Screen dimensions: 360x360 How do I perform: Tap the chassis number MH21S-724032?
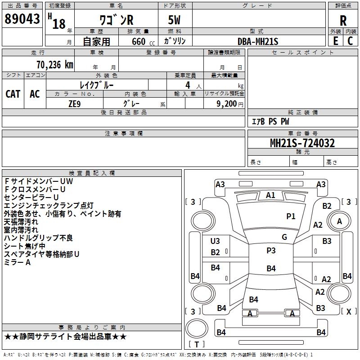[302, 143]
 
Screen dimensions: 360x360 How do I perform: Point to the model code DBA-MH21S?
[258, 41]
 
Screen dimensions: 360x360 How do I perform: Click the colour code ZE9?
[74, 103]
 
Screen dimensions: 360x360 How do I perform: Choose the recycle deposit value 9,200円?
[229, 103]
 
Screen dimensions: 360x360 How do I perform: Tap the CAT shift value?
[13, 94]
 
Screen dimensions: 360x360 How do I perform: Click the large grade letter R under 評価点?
[343, 21]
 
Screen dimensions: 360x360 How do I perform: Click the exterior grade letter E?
[335, 41]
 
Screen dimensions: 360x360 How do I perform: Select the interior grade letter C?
[350, 41]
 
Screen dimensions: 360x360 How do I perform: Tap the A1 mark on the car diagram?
[270, 195]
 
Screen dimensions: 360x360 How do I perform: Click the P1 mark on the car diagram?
[291, 216]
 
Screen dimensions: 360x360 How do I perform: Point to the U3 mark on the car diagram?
[215, 241]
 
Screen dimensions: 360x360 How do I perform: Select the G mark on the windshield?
[284, 237]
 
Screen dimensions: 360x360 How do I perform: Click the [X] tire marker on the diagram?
[348, 311]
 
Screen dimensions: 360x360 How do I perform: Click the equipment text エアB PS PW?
[270, 121]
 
